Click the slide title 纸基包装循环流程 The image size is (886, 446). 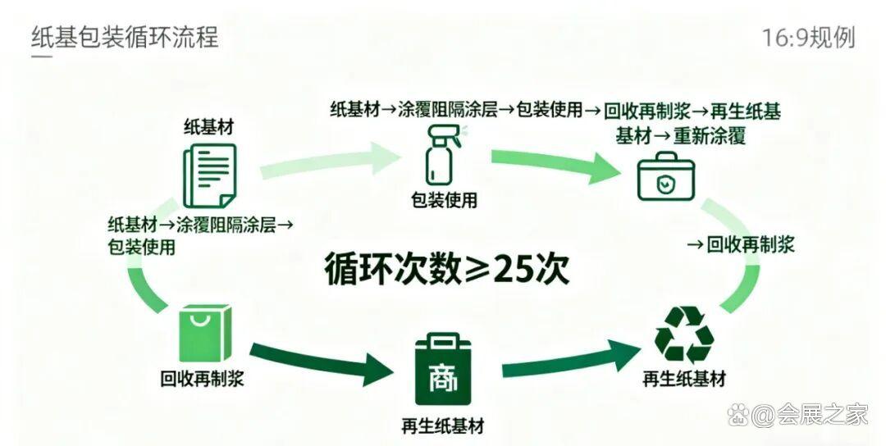[x=125, y=37]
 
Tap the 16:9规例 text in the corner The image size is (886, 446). [x=808, y=37]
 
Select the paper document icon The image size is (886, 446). [x=208, y=175]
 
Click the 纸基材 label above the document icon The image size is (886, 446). [x=208, y=128]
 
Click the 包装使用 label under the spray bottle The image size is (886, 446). [x=444, y=200]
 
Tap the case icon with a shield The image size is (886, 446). [x=665, y=178]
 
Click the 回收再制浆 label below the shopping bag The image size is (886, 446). [x=202, y=378]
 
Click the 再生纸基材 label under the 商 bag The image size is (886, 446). [x=442, y=426]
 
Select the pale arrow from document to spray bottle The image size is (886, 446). [x=328, y=162]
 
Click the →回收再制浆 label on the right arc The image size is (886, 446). [x=740, y=244]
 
